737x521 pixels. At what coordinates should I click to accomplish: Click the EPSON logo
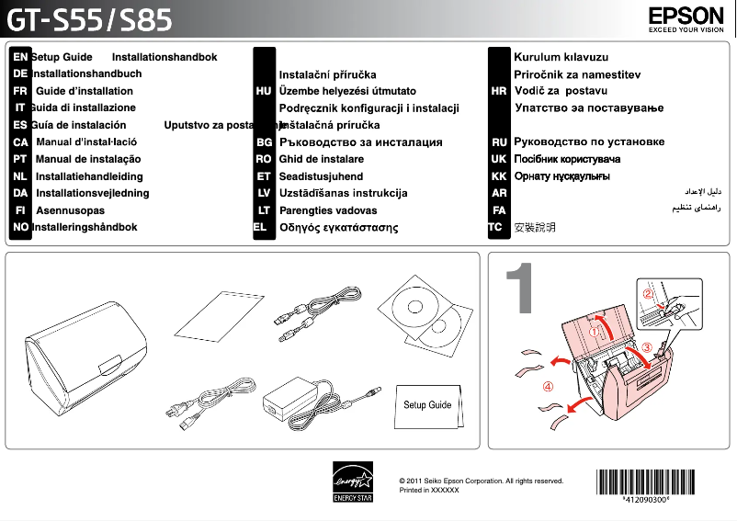tap(686, 17)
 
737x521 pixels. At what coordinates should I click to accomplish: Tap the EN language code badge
tap(19, 57)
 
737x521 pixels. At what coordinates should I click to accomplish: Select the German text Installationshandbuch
tap(86, 74)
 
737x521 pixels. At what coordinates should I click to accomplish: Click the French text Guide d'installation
tap(84, 91)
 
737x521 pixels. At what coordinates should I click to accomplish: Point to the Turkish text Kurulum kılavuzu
tap(561, 57)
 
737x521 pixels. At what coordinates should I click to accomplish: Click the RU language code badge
tap(499, 142)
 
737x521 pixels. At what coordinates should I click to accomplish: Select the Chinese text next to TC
tap(535, 227)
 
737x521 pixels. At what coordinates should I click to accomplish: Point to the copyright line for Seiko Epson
tap(482, 481)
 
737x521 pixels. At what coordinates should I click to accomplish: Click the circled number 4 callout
tap(548, 386)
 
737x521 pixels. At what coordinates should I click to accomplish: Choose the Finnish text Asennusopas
tap(70, 210)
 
